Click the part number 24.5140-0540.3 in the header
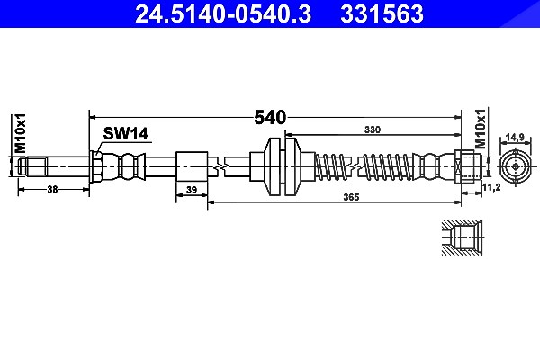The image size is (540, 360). coord(223,14)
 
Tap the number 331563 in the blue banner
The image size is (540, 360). coord(382,14)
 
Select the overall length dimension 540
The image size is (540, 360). coord(270,118)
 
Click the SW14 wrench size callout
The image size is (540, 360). coord(125,134)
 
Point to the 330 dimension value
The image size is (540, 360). coord(373,130)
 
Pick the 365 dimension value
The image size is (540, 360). coord(351,197)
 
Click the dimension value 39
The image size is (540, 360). coord(192,190)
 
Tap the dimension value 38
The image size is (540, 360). coord(52,189)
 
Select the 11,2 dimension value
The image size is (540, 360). coord(491,187)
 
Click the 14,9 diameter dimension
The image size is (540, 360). coord(515,138)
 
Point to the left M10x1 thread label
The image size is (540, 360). coord(21,132)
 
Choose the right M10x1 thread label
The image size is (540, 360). coord(481,129)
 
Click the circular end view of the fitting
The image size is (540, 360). coord(516,166)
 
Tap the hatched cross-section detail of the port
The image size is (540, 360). coord(463,238)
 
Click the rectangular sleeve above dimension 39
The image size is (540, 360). coord(192,166)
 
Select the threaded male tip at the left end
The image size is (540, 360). coord(32,166)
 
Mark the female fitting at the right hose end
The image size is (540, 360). coord(468,166)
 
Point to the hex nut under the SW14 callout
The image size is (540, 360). coord(95,166)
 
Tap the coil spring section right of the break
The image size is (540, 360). coord(384,166)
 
